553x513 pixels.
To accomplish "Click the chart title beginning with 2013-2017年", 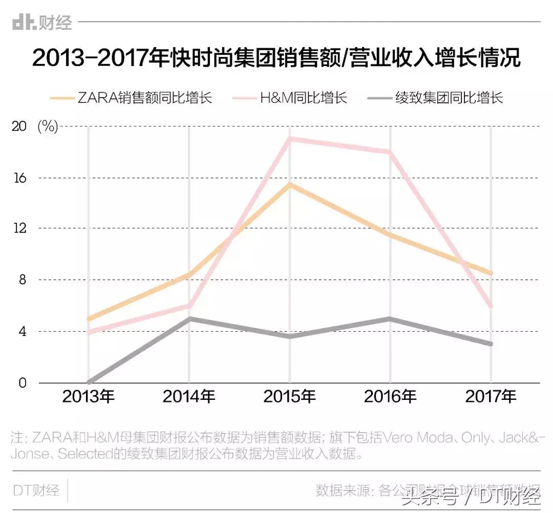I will point(276,58).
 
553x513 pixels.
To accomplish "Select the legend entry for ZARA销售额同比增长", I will point(131,97).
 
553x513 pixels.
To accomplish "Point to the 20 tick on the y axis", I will point(19,126).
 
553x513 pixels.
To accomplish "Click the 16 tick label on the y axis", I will point(19,178).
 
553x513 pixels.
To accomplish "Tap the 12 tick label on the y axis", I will point(19,228).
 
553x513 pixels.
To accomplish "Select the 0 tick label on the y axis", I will point(22,382).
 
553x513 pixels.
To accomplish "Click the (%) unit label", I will point(48,126).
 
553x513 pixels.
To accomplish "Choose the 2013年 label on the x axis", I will point(89,397).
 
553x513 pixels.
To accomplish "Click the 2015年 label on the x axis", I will point(290,397).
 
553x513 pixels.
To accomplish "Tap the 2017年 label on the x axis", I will point(491,397).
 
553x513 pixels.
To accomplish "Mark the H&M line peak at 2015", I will point(290,139).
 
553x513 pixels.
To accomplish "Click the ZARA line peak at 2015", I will point(290,184).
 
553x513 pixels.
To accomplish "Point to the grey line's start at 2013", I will point(90,382).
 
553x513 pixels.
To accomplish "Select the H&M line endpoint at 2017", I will point(491,306).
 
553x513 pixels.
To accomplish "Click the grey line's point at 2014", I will point(189,318).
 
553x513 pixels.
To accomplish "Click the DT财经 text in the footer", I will point(36,490).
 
